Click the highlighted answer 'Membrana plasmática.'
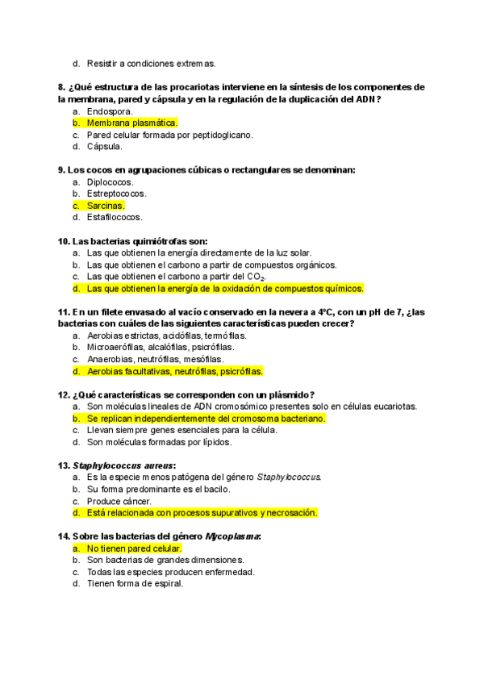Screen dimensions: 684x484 (x=131, y=123)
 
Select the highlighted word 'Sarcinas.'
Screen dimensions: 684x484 (x=106, y=206)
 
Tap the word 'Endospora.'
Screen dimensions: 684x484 (x=110, y=111)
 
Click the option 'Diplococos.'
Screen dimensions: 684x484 (x=111, y=182)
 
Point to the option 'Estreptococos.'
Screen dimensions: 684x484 (x=117, y=194)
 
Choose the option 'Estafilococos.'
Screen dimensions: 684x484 (x=115, y=217)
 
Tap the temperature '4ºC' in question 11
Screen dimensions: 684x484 (x=323, y=312)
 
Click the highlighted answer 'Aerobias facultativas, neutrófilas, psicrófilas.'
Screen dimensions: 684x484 (x=175, y=371)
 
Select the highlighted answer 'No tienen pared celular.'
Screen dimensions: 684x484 (x=134, y=548)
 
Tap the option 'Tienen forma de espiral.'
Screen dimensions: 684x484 (x=135, y=584)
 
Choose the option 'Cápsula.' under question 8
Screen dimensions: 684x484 (x=105, y=147)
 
